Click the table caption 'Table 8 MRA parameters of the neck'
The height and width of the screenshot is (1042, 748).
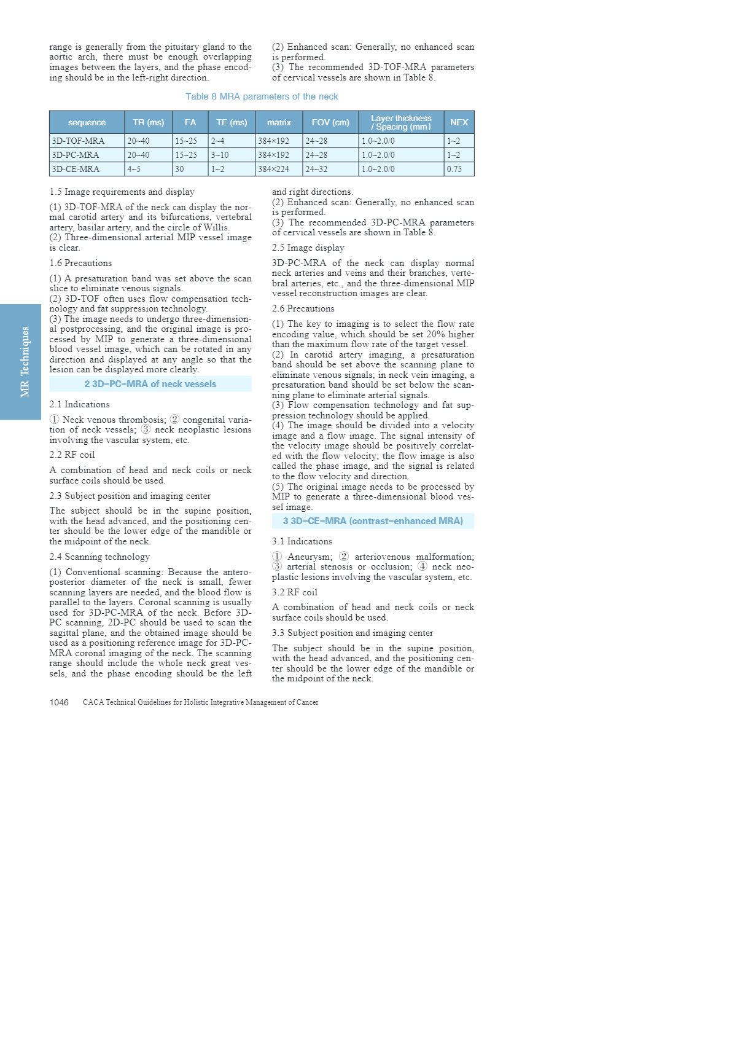coord(262,96)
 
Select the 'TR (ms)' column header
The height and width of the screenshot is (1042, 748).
coord(149,122)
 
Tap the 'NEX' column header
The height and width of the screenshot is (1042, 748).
coord(459,122)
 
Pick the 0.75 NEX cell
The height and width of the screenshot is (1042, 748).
coord(454,169)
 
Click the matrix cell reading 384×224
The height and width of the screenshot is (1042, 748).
coord(273,169)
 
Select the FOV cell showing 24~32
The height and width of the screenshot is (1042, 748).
coord(316,169)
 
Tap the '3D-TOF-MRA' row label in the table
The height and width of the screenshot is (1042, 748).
coord(78,141)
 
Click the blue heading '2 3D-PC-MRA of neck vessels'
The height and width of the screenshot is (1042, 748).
coord(150,384)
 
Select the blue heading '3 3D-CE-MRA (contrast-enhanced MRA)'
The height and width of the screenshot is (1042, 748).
coord(373,521)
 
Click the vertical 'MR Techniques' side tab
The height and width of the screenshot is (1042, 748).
coord(25,362)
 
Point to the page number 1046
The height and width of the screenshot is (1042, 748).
coord(59,702)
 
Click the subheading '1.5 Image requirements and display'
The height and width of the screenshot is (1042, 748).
coord(122,192)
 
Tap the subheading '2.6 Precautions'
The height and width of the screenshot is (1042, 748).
coord(303,308)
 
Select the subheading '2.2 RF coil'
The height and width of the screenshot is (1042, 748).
coord(72,455)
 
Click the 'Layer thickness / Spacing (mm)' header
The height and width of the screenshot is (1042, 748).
coord(401,122)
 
